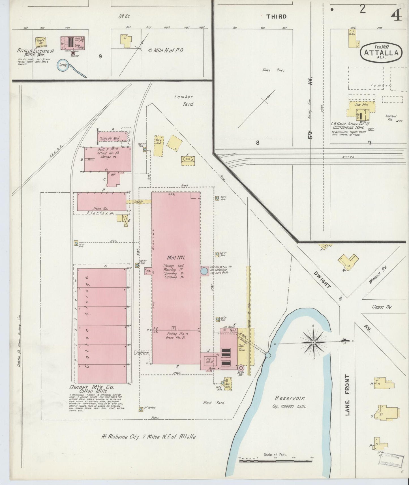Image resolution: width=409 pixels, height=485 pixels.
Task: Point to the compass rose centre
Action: click(x=313, y=342)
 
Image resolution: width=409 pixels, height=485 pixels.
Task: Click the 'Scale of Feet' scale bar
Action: click(x=276, y=461)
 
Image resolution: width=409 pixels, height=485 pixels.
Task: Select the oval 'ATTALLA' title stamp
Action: click(x=381, y=51)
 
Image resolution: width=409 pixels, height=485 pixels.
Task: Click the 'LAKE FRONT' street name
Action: click(x=347, y=395)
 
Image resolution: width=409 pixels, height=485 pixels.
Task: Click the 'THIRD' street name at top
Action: click(x=276, y=17)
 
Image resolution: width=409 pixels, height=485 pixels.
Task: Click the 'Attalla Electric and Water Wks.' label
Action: click(x=33, y=53)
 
